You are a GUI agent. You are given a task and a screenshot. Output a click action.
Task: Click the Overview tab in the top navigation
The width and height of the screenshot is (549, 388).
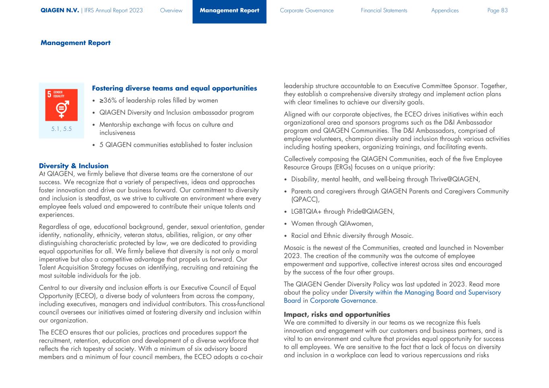[x=171, y=10]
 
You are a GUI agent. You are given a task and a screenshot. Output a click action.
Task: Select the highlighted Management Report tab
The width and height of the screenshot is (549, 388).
[x=229, y=10]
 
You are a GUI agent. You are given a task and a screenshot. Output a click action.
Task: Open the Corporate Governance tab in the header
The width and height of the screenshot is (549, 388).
[x=306, y=10]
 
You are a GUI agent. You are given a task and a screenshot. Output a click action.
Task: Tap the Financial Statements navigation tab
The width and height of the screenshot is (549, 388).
[x=384, y=10]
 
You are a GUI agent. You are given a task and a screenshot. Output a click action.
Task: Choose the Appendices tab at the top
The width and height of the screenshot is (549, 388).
[x=444, y=10]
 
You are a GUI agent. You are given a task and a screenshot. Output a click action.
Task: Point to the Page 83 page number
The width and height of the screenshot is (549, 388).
[x=497, y=10]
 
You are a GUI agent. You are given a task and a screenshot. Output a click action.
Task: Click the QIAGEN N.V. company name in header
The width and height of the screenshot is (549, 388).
[x=60, y=10]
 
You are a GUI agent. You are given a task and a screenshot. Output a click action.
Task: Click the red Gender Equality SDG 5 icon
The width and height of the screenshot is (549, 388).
[x=61, y=105]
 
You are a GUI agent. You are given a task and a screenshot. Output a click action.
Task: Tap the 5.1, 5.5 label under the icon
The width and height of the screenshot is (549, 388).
[x=61, y=129]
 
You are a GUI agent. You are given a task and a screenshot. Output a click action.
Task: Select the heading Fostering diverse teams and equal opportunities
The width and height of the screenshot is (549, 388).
[x=174, y=88]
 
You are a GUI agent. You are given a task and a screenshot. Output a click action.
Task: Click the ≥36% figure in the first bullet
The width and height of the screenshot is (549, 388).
[x=108, y=101]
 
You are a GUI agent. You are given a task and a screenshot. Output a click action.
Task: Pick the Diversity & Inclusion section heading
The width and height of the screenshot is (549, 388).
[x=74, y=166]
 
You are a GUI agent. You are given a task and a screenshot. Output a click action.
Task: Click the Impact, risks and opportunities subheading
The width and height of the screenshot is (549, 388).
[x=337, y=314]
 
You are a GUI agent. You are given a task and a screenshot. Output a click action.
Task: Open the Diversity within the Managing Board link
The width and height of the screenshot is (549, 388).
[x=425, y=293]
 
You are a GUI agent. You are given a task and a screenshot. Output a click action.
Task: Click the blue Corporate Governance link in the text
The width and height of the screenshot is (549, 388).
[x=343, y=301]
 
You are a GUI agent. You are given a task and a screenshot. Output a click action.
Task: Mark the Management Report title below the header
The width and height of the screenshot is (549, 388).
[x=75, y=43]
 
